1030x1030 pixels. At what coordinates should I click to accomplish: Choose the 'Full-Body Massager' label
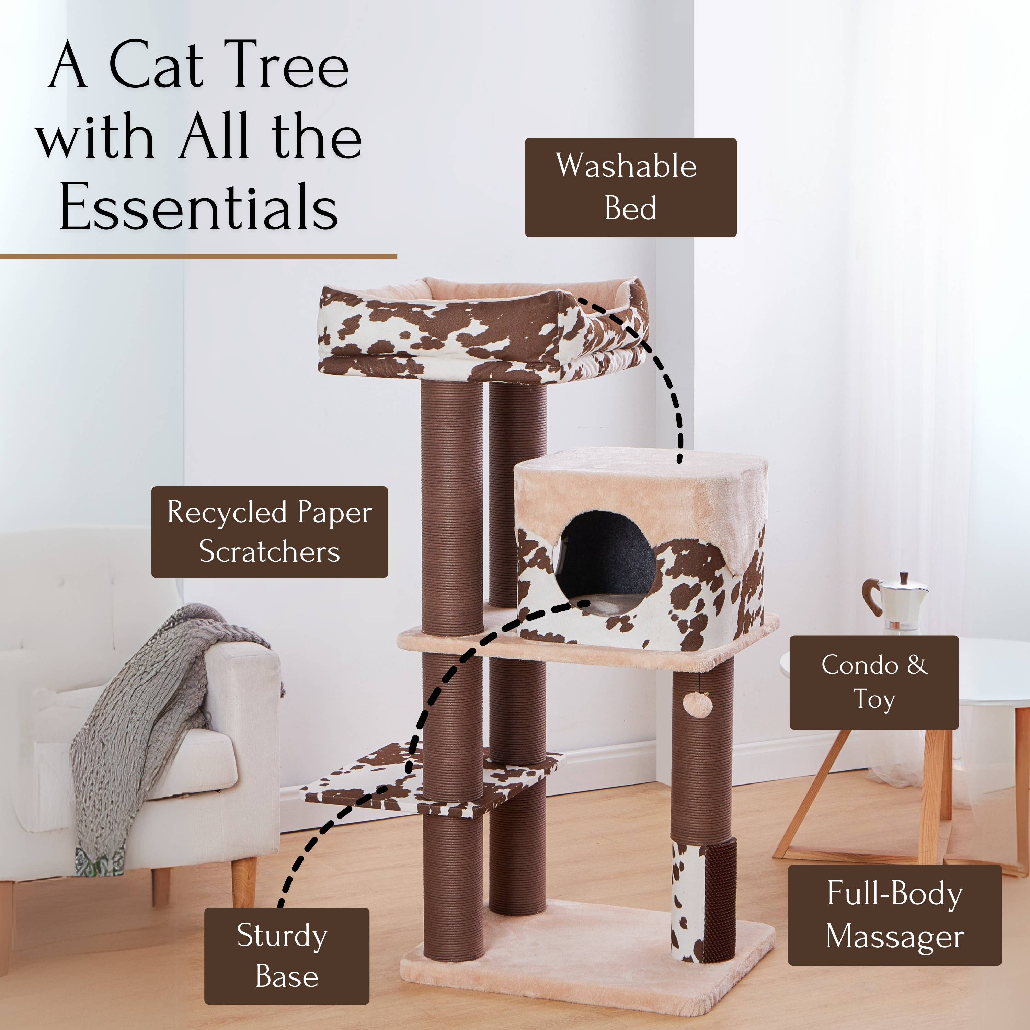pyautogui.click(x=895, y=915)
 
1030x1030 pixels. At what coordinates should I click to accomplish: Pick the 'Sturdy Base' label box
pyautogui.click(x=286, y=956)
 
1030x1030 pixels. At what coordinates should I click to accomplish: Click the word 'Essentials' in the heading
pyautogui.click(x=198, y=207)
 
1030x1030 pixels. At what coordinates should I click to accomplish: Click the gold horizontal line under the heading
pyautogui.click(x=198, y=257)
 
